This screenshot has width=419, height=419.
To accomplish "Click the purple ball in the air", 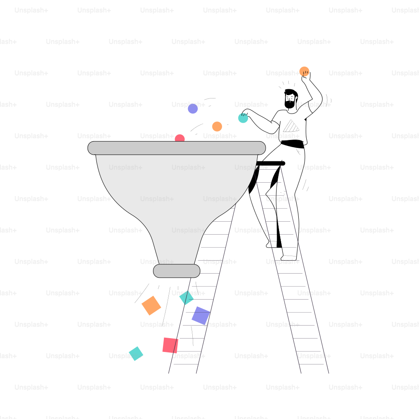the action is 193,109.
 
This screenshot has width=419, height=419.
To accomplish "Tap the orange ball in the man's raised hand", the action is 304,71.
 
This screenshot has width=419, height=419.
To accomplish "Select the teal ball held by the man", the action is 243,118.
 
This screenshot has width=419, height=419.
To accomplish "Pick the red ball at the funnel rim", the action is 180,138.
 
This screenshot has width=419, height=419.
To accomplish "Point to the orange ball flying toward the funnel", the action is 217,127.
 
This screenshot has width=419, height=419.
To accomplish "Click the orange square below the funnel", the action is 151,305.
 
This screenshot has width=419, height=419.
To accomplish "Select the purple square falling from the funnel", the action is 201,316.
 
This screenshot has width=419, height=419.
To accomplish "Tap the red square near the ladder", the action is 170,345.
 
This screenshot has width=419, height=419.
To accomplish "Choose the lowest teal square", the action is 136,354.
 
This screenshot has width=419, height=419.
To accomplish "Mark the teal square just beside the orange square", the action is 186,297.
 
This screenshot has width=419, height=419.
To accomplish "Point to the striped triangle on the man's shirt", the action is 291,127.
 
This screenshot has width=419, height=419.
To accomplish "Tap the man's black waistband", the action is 292,144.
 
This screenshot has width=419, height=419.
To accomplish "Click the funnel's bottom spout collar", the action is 177,271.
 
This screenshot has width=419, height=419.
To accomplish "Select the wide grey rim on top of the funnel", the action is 177,148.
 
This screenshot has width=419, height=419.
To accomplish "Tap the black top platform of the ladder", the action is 270,163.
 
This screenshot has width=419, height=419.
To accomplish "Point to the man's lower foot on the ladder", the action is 289,258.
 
